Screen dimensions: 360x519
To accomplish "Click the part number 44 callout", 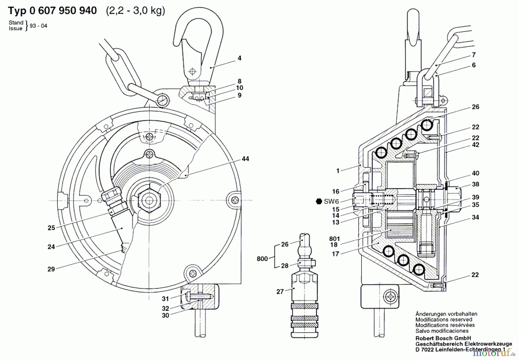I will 245,159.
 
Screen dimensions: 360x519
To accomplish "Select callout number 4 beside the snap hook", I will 239,58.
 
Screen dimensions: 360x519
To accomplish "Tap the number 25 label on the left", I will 51,228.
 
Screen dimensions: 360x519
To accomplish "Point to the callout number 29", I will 51,269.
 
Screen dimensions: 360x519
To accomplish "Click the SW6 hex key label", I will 331,201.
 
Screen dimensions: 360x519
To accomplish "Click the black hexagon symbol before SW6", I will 319,201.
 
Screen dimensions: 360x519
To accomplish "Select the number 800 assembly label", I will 262,259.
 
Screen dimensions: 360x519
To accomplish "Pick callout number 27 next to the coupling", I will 280,292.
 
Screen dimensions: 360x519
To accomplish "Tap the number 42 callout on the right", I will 475,145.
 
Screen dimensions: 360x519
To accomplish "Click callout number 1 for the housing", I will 338,171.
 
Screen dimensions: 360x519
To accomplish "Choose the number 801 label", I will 334,239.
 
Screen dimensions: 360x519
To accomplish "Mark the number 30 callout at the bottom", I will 165,316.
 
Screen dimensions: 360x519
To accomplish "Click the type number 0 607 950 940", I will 63,11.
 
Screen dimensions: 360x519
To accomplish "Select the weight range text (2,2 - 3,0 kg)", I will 136,11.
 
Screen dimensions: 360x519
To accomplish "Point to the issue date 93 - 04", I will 38,26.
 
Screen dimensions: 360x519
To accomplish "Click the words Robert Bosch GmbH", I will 443,338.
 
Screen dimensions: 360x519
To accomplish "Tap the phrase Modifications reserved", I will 444,319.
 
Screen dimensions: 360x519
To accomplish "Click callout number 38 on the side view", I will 475,184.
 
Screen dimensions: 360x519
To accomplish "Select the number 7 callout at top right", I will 473,55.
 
